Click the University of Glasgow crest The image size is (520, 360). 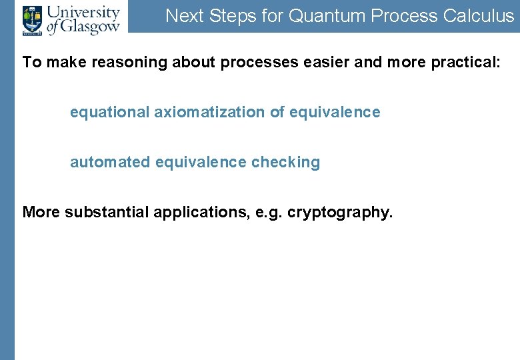31,20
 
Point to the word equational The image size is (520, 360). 110,113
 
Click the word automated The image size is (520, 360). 110,163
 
